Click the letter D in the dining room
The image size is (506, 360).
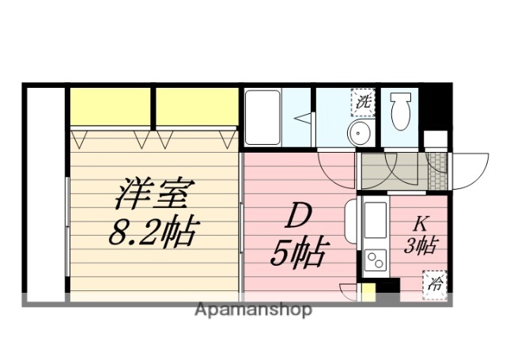(x=295, y=215)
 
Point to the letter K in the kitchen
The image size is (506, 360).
(x=421, y=224)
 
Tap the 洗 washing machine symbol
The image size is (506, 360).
(x=363, y=101)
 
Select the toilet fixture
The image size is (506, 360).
(x=401, y=109)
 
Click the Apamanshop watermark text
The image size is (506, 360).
(x=253, y=309)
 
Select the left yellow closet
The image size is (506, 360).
(x=110, y=107)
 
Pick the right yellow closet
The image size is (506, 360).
(x=197, y=107)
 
